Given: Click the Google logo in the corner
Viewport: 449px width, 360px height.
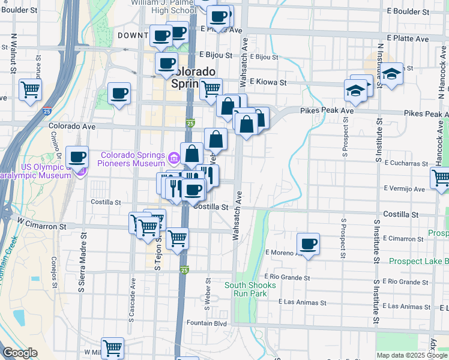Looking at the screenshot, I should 19,353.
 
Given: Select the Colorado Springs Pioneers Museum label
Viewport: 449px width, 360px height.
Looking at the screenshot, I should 133,158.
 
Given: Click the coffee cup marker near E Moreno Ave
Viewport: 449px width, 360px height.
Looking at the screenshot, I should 308,244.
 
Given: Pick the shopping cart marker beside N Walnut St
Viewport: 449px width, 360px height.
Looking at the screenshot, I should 30,91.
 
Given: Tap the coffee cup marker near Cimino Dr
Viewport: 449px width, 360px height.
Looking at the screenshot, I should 77,158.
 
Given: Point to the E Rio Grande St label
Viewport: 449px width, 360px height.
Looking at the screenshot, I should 289,278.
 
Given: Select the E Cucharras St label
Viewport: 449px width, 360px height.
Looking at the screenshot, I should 408,163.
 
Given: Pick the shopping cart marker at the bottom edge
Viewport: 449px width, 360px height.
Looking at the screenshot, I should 112,348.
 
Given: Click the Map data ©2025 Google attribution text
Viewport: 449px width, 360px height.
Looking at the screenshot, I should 412,355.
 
